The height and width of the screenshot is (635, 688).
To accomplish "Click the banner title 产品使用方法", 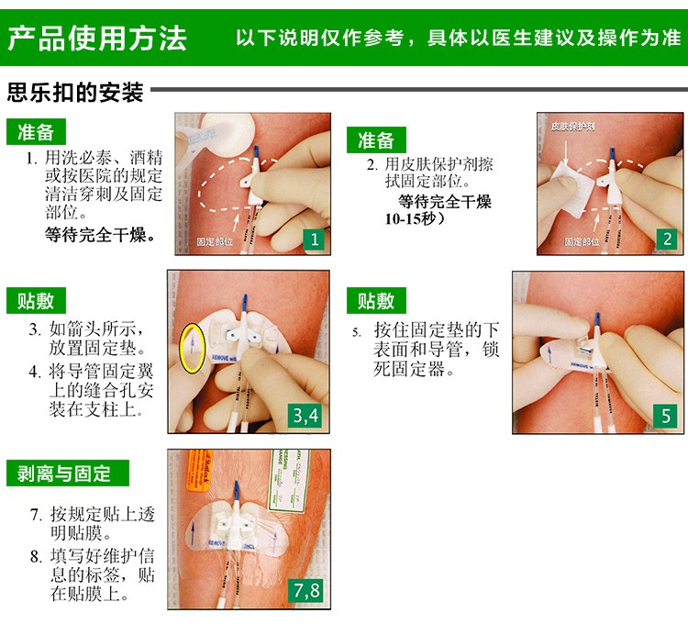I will click(x=97, y=38).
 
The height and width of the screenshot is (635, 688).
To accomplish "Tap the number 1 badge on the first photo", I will click(x=315, y=240).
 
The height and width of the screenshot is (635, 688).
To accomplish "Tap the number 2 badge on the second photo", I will click(x=667, y=240).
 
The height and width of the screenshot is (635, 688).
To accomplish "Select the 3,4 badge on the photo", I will click(x=306, y=416).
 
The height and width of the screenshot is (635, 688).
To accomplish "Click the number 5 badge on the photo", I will click(x=667, y=416).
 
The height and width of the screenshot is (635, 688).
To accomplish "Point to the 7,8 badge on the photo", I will click(x=306, y=590).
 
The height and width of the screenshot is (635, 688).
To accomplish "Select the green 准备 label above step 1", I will click(x=38, y=132).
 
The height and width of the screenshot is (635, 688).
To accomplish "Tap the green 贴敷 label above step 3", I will click(x=38, y=301).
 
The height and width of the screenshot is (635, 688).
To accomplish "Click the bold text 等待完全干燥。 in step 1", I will click(x=100, y=234).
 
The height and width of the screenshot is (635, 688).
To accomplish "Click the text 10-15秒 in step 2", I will click(x=412, y=219).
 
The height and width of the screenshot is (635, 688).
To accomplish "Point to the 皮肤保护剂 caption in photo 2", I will click(x=571, y=125).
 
